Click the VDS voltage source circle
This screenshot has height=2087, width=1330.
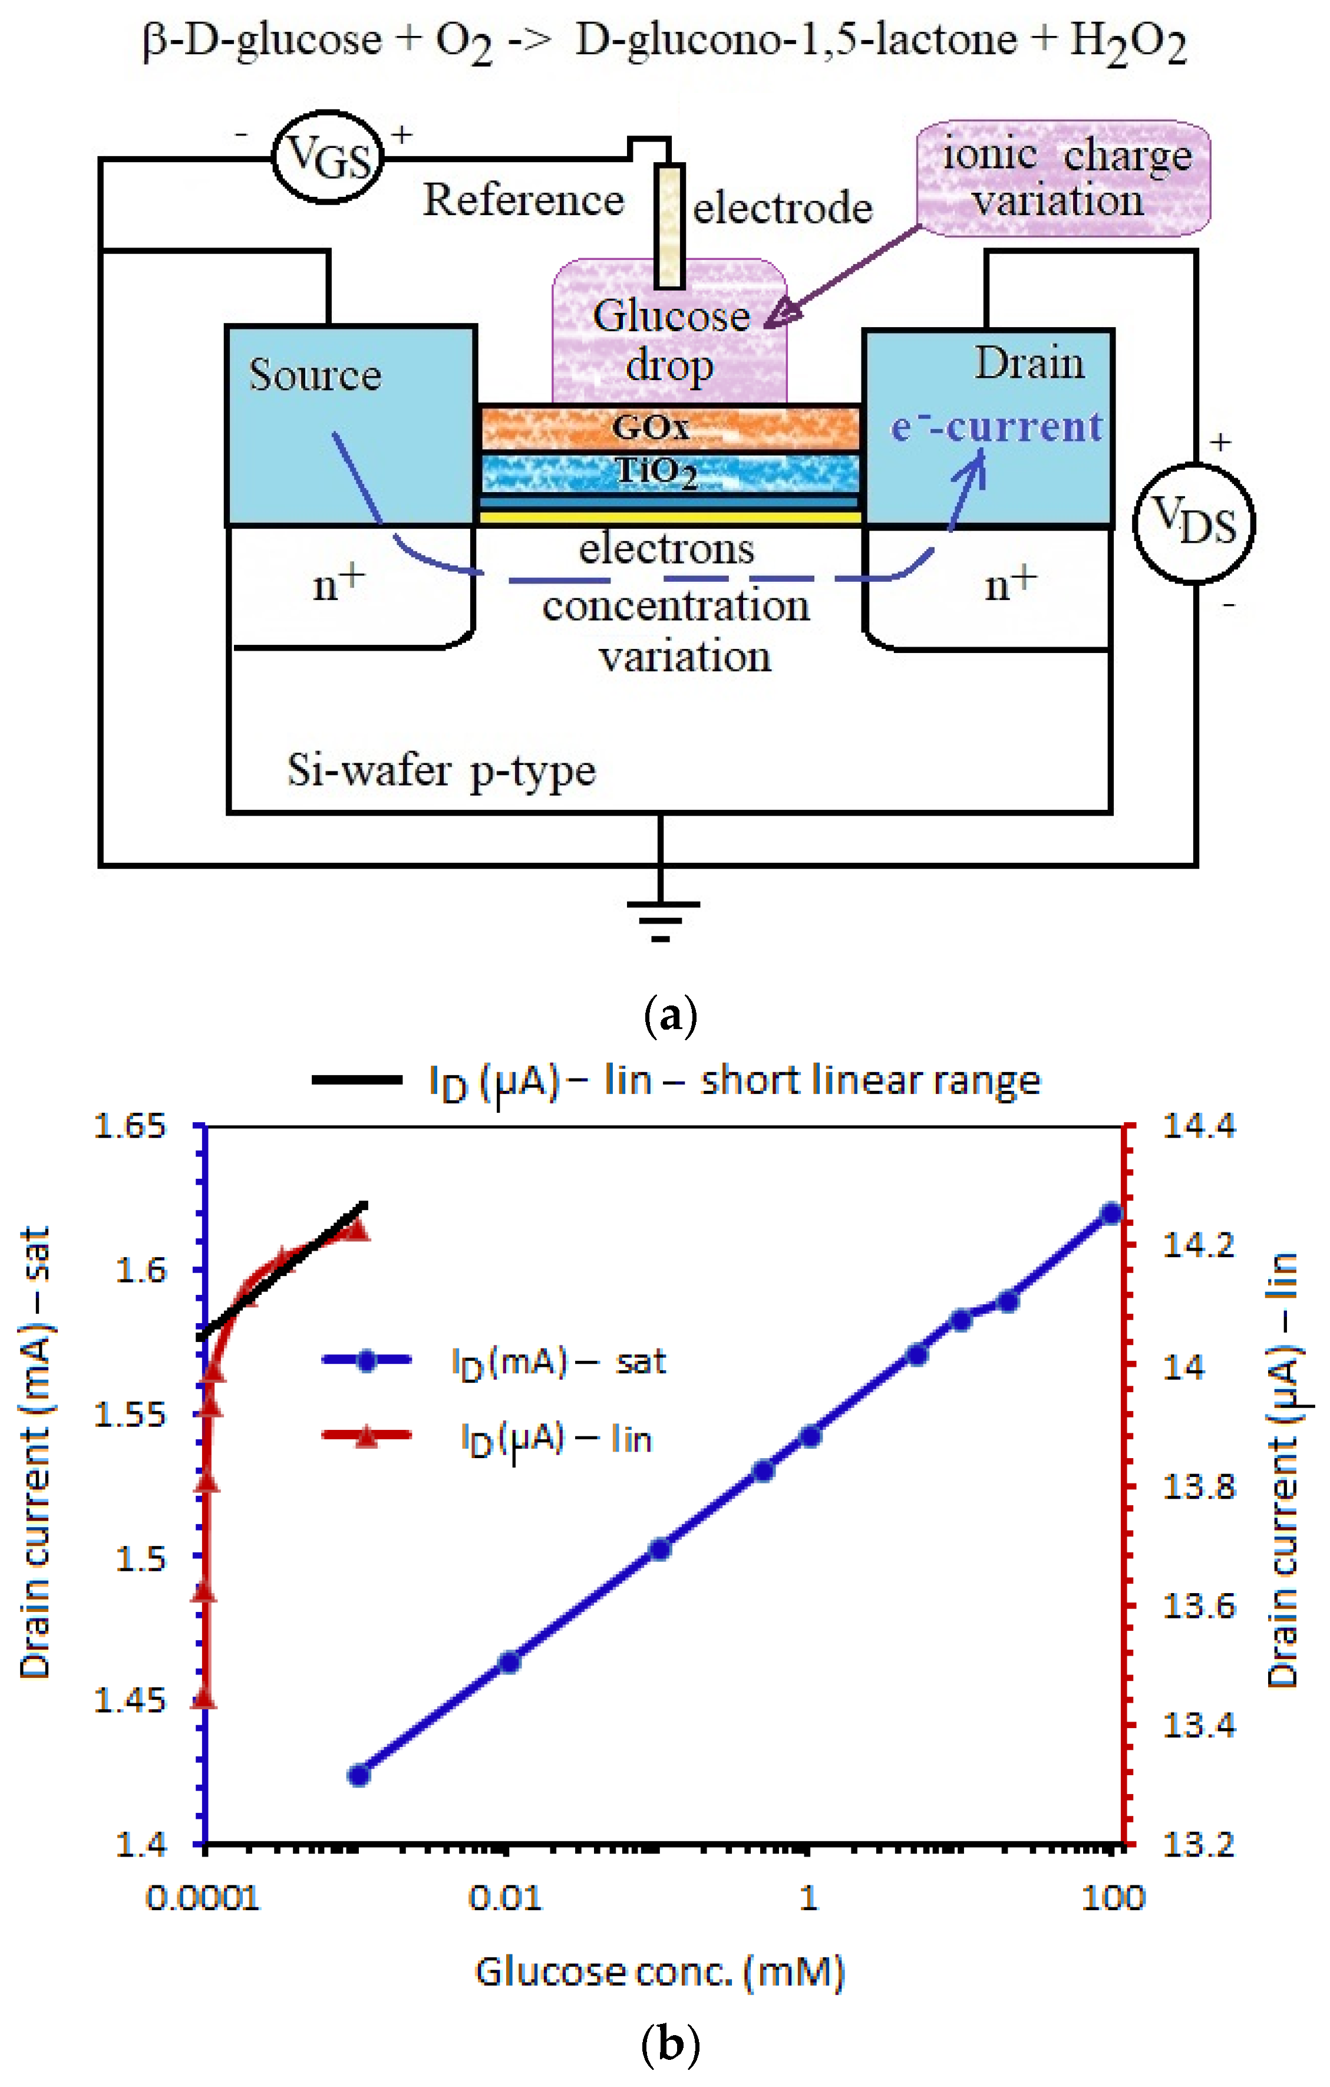[1193, 523]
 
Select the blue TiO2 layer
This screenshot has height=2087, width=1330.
[669, 472]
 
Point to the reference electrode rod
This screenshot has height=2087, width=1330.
[668, 225]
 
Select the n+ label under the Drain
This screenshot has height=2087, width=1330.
[1009, 583]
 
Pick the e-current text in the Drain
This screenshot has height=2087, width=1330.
[996, 426]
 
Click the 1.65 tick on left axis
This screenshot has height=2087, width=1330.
[130, 1127]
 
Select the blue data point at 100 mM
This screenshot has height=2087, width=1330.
[1111, 1214]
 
